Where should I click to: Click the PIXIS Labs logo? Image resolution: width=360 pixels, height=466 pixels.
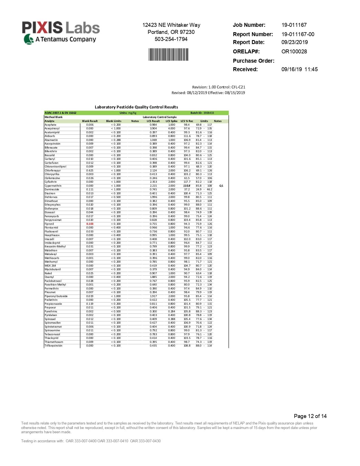pyautogui.click(x=61, y=32)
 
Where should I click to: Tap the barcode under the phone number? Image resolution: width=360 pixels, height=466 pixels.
pyautogui.click(x=169, y=55)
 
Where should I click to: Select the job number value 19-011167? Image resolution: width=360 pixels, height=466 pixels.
pyautogui.click(x=294, y=25)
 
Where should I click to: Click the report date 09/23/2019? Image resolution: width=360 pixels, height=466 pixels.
pyautogui.click(x=294, y=42)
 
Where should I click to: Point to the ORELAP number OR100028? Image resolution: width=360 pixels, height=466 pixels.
pyautogui.click(x=294, y=51)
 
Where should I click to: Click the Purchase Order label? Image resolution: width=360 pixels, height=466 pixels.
pyautogui.click(x=253, y=61)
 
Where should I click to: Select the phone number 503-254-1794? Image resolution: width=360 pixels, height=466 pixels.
pyautogui.click(x=171, y=39)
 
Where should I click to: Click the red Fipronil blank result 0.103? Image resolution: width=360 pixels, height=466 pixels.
pyautogui.click(x=90, y=224)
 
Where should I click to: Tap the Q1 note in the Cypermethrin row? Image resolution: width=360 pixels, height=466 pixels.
pyautogui.click(x=221, y=186)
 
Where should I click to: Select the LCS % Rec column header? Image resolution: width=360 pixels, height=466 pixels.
pyautogui.click(x=187, y=121)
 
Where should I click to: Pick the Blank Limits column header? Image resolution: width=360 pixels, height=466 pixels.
pyautogui.click(x=114, y=121)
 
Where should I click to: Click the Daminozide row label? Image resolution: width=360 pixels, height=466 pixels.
pyautogui.click(x=52, y=190)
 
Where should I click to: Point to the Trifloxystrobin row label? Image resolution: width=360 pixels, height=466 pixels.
pyautogui.click(x=53, y=346)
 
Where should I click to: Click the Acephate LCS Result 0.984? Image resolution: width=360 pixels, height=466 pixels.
pyautogui.click(x=153, y=125)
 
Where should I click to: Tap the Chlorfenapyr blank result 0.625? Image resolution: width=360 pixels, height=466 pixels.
pyautogui.click(x=90, y=171)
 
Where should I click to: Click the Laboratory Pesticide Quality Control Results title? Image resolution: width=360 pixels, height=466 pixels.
pyautogui.click(x=136, y=107)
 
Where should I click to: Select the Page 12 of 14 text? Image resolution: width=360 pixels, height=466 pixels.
pyautogui.click(x=310, y=416)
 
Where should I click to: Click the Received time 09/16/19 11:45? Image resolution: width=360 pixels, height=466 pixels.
pyautogui.click(x=299, y=69)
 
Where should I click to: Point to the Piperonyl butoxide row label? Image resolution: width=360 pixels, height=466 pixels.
pyautogui.click(x=56, y=296)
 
